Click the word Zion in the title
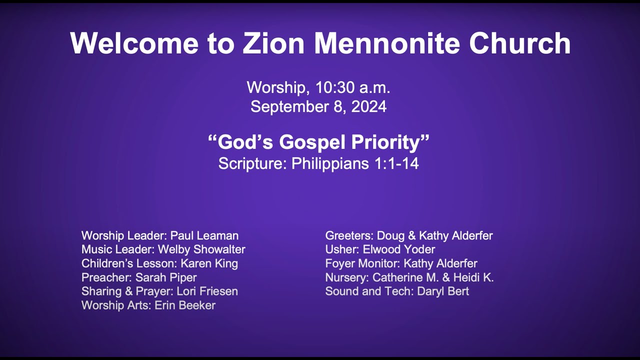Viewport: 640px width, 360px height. point(273,43)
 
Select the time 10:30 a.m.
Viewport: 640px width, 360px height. point(352,88)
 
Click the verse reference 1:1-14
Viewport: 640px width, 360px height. point(396,163)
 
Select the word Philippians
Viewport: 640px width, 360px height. point(330,163)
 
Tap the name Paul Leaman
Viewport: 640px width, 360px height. point(204,235)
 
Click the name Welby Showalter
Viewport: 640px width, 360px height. point(201,249)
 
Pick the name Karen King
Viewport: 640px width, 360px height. point(209,263)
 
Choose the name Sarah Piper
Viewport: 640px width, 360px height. point(166,277)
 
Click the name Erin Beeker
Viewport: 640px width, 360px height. point(185,305)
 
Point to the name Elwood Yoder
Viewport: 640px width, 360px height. point(399,249)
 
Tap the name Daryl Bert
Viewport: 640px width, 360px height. point(442,291)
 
